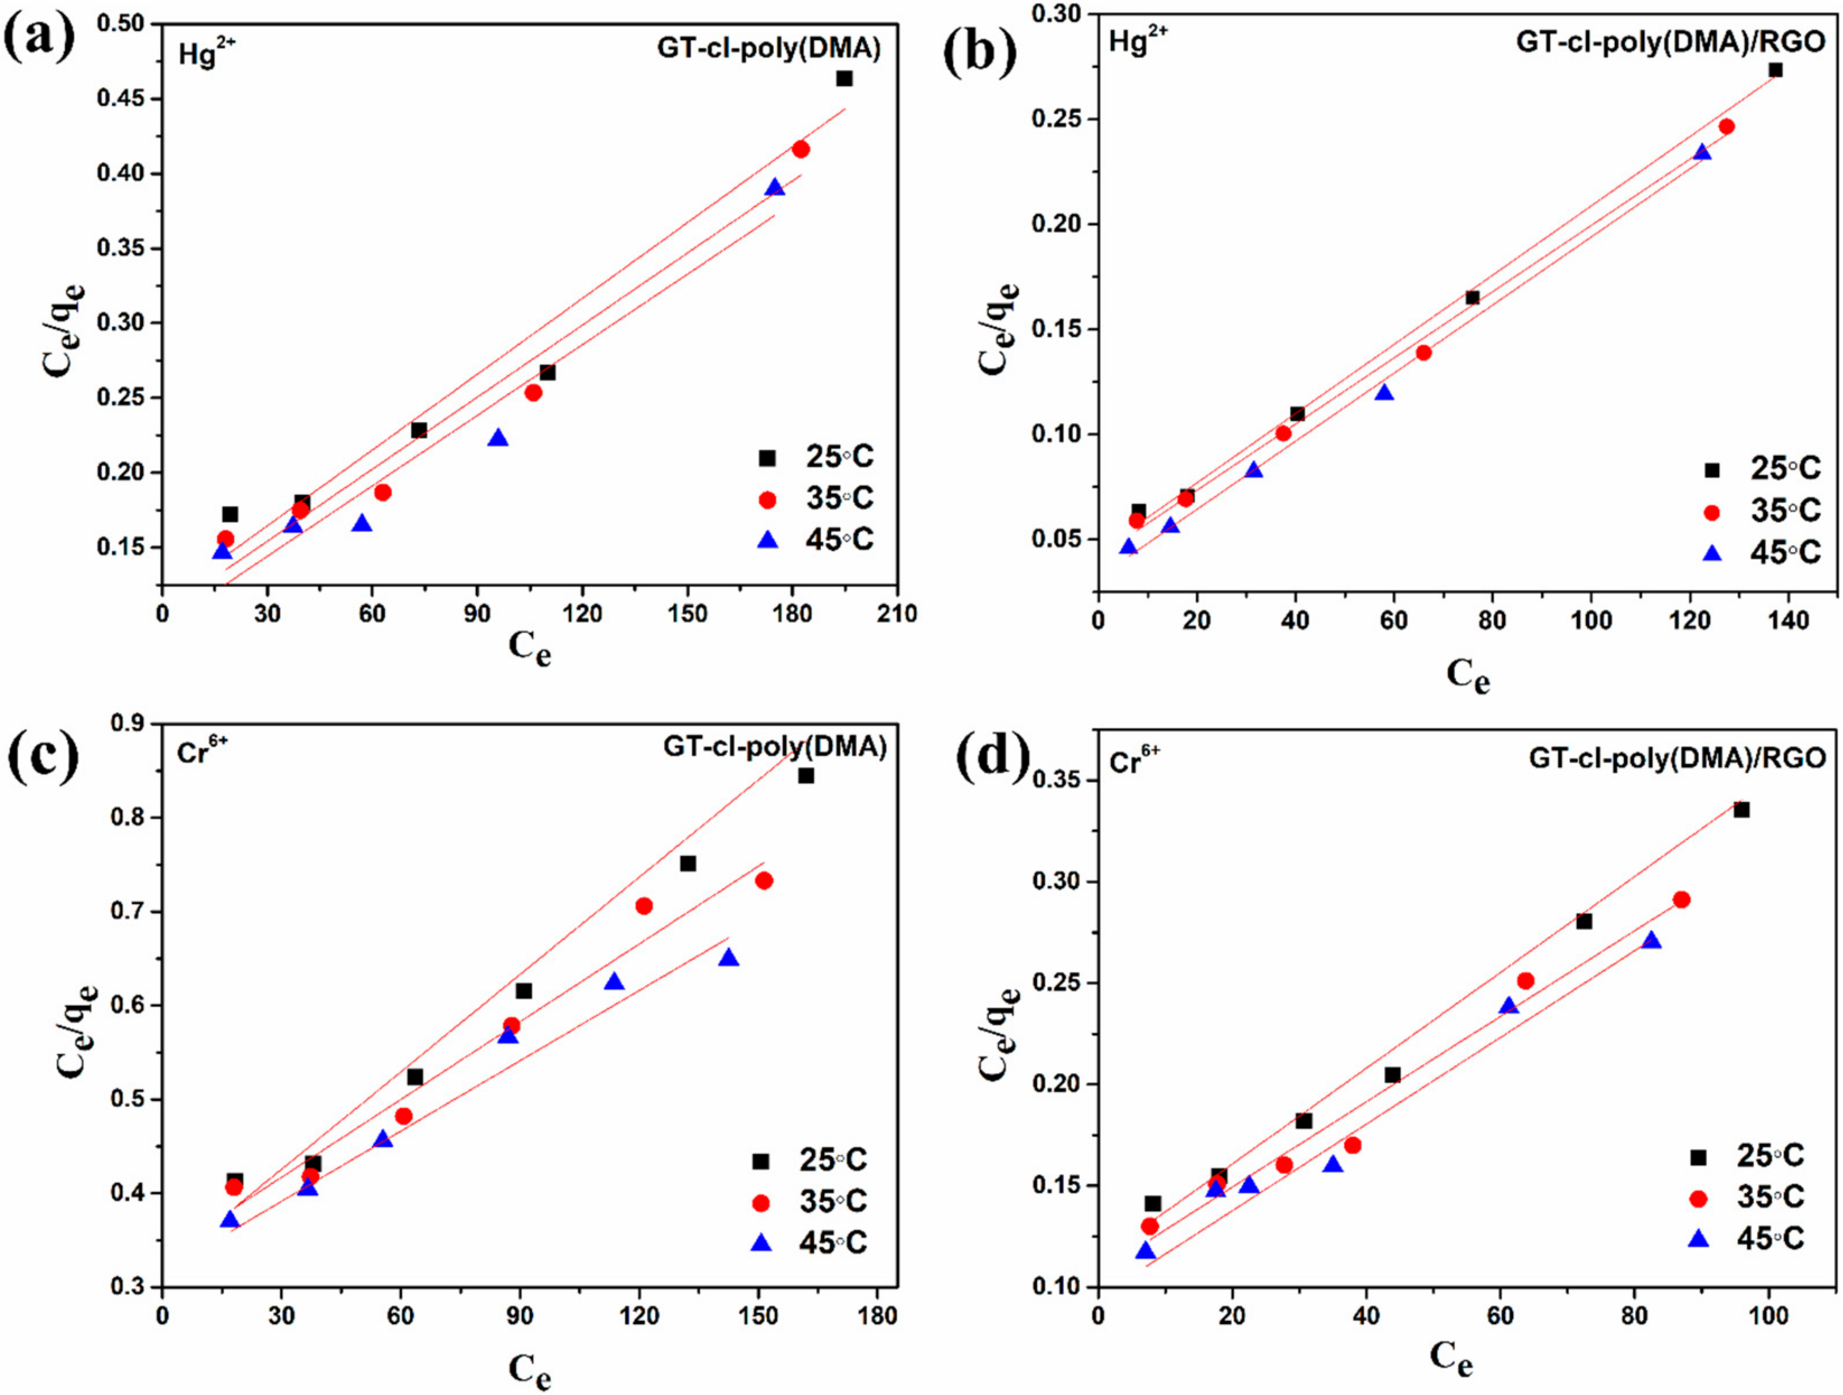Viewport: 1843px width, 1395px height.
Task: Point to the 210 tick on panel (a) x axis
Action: pos(897,615)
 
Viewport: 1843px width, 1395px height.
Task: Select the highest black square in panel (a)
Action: pos(844,78)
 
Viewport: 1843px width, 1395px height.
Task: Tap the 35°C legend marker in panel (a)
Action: pos(767,499)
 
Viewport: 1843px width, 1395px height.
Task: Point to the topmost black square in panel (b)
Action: pos(1776,70)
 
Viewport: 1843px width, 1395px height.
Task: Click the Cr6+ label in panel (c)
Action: pos(202,752)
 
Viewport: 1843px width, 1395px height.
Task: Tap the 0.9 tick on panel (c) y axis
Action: pos(127,723)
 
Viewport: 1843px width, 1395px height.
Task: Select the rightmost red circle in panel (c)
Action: pos(764,881)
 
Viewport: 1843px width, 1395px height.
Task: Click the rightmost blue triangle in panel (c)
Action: pos(729,957)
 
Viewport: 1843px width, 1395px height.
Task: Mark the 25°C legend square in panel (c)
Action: pos(760,1161)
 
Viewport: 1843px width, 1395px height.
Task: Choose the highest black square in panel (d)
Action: pos(1741,810)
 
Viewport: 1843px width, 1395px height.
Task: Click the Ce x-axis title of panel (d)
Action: pos(1451,1358)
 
